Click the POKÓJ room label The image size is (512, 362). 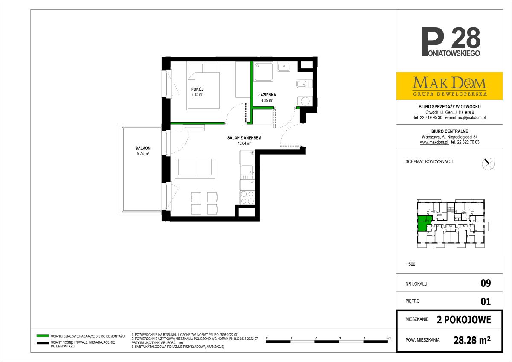pos(197,89)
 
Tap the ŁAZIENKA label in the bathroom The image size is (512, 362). pos(267,95)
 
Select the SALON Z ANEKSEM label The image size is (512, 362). pos(244,138)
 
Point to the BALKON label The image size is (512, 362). pos(143,149)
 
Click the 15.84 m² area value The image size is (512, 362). pos(244,143)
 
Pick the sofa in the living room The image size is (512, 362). pos(195,169)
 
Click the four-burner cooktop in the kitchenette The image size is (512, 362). pos(247,197)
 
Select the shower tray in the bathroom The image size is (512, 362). pos(264,71)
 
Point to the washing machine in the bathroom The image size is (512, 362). pos(305,101)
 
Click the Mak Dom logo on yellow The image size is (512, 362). pos(449,86)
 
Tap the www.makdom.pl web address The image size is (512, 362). pos(434,142)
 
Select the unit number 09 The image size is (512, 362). pos(486,283)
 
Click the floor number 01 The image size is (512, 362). pos(486,301)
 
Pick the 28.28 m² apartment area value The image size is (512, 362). pos(472,340)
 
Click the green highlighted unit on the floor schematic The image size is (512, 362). pos(424,223)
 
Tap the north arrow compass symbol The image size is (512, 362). pos(488,164)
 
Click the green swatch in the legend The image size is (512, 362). pos(43,336)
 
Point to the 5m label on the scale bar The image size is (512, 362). pos(389,338)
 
